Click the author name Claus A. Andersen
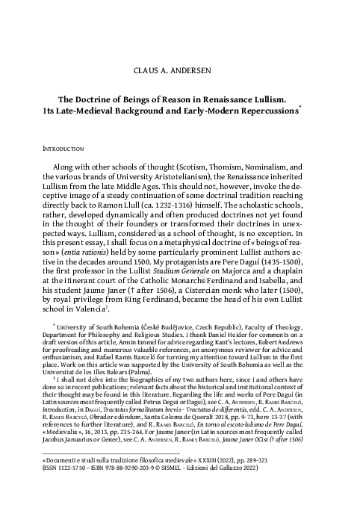coord(179,71)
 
